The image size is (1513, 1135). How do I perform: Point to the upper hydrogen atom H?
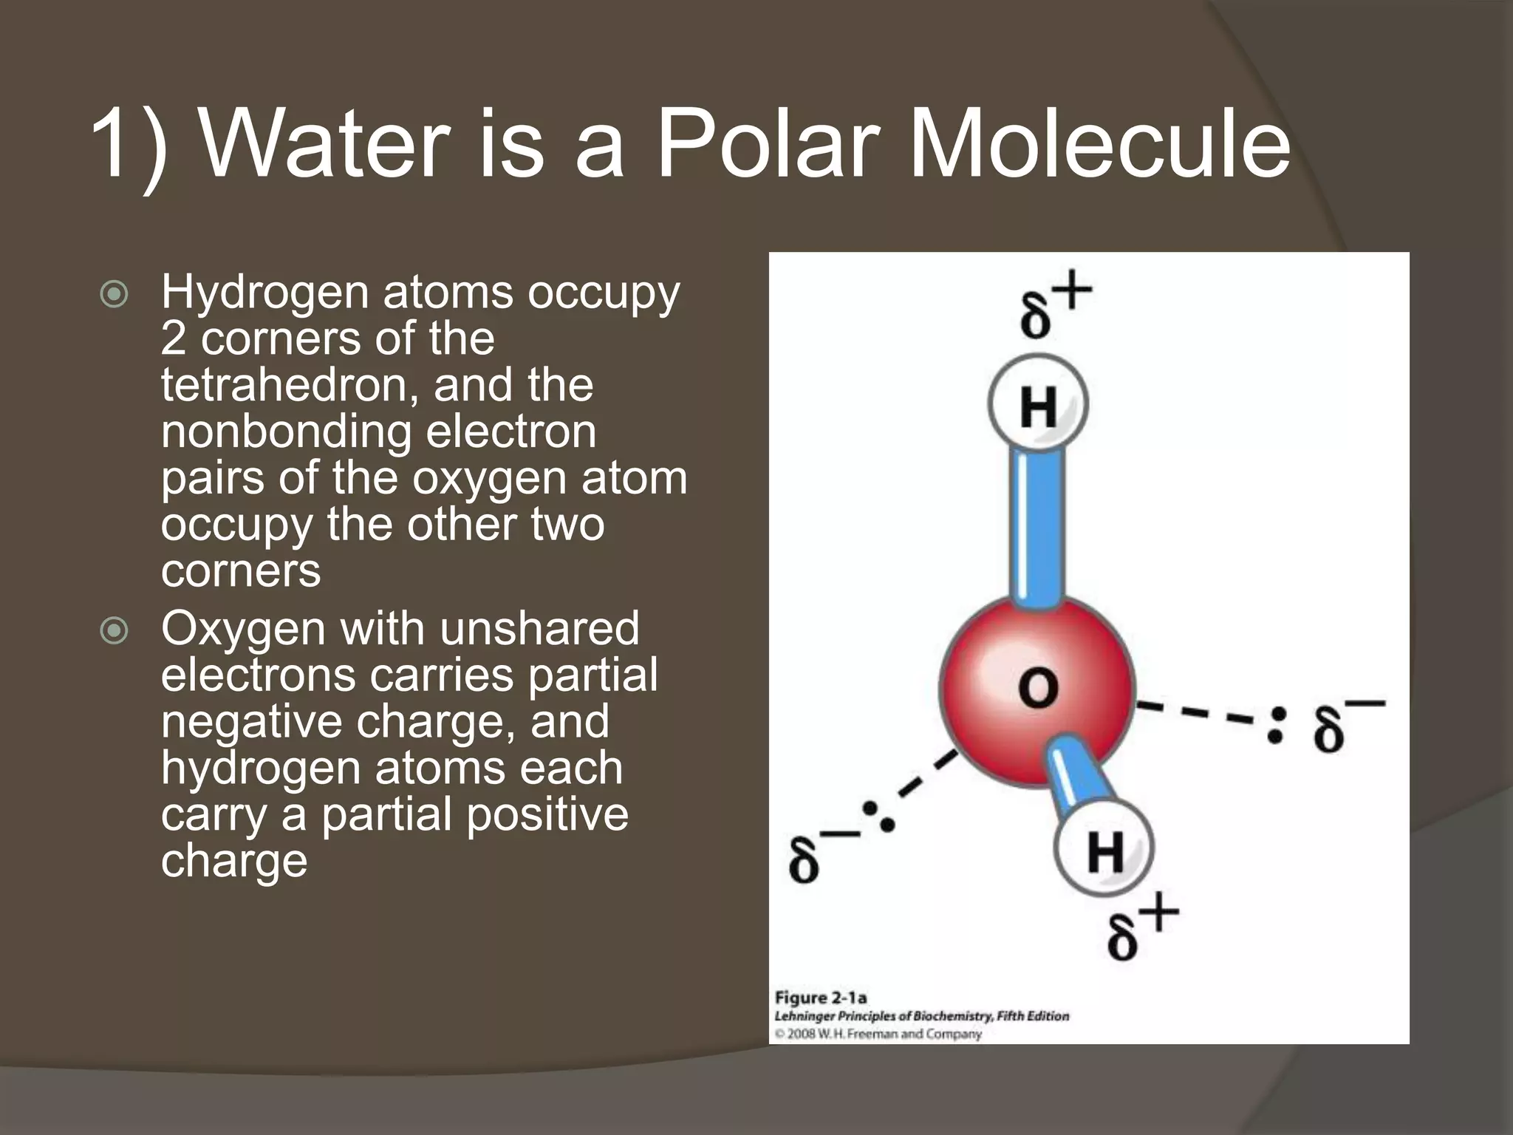[x=1038, y=406]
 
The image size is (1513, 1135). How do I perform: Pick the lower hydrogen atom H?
[x=1104, y=850]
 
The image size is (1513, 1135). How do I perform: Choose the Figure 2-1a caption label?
[x=820, y=998]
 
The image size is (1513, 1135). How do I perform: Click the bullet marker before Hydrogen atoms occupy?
[x=114, y=295]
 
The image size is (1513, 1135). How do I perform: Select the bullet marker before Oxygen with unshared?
[x=114, y=631]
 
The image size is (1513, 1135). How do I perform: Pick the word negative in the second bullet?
[x=251, y=721]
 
